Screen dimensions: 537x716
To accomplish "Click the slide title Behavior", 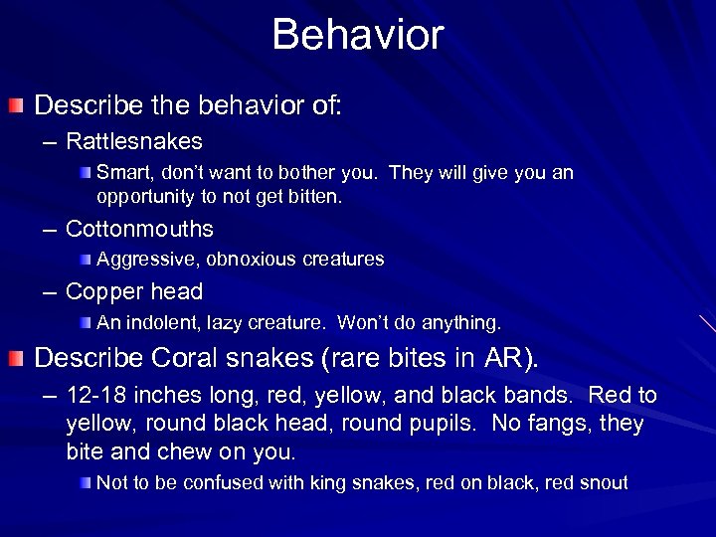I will pos(357,35).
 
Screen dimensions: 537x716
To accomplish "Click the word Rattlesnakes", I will pos(133,141).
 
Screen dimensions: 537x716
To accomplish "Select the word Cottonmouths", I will pos(139,229).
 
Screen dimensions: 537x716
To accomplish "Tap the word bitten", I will pos(315,197).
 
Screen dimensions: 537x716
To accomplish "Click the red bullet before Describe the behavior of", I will pos(17,105).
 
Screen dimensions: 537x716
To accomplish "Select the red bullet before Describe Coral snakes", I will pos(17,356).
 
